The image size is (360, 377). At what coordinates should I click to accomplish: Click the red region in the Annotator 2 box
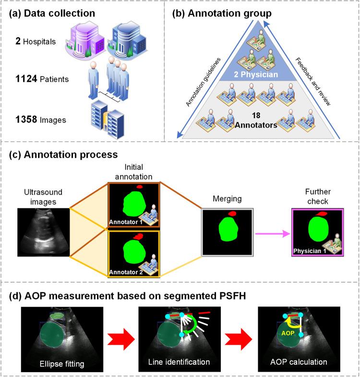click(x=139, y=236)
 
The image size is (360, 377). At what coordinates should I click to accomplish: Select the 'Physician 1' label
click(x=312, y=251)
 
